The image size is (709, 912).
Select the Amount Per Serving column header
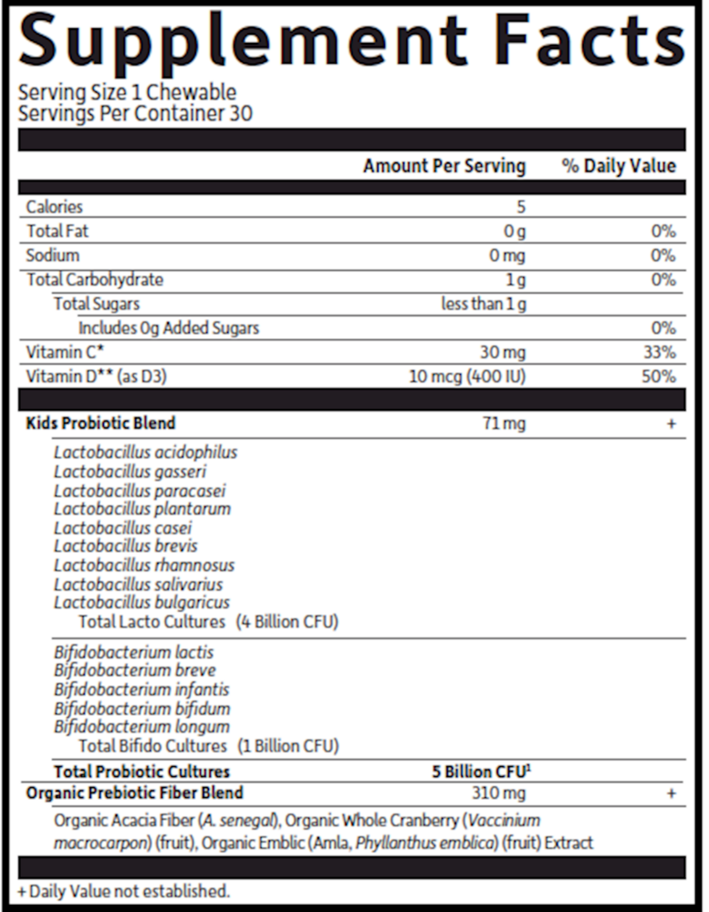(x=443, y=166)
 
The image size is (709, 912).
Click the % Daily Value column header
(x=619, y=166)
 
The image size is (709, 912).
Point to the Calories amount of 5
(x=521, y=207)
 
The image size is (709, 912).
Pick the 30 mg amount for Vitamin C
(x=502, y=352)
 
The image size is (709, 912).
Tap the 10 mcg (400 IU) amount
(x=467, y=376)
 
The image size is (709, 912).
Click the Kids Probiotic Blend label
(x=100, y=423)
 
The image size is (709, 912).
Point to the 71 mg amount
(x=504, y=423)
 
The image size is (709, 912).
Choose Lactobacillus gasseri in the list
(x=130, y=472)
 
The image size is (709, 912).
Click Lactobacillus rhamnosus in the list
(x=144, y=565)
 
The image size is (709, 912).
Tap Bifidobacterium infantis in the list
(x=141, y=689)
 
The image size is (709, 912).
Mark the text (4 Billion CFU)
(x=287, y=622)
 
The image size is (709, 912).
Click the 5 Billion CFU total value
(x=481, y=772)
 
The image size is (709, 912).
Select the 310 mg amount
(x=499, y=793)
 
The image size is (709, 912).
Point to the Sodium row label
(x=53, y=255)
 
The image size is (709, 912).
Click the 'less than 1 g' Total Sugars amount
(x=483, y=304)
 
